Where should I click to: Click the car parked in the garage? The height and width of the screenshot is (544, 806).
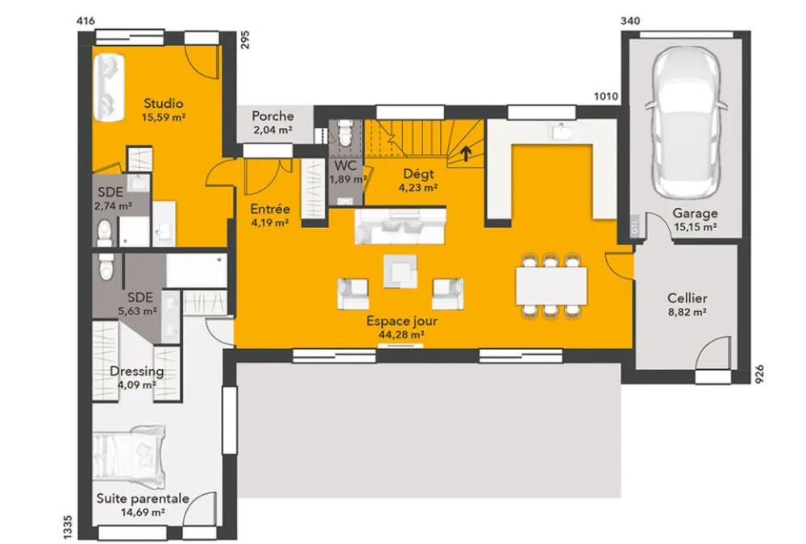[x=686, y=122]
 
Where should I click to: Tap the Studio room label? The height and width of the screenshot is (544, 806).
[x=163, y=103]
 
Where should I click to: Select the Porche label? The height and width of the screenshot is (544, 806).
[x=272, y=116]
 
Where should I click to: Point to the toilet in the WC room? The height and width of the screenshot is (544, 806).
[x=344, y=133]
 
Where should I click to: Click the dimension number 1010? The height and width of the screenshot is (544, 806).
[x=606, y=96]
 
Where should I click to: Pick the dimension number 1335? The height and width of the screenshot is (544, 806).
[x=68, y=527]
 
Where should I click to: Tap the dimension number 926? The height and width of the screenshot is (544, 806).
[x=759, y=374]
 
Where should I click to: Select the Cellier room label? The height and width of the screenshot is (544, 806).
[x=687, y=298]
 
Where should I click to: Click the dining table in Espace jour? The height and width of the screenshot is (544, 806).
[x=551, y=286]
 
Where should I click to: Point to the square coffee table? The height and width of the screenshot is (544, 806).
[x=400, y=271]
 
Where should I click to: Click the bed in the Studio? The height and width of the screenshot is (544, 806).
[x=109, y=87]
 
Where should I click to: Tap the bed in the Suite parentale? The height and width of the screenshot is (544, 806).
[x=129, y=457]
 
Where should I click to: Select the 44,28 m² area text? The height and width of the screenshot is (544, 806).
[x=401, y=334]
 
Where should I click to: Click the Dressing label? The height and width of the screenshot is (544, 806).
[x=137, y=372]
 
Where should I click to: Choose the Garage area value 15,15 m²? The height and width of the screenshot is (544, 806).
[x=695, y=226]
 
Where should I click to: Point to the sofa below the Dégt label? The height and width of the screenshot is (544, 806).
[x=400, y=226]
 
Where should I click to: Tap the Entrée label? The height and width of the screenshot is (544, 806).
[x=270, y=209]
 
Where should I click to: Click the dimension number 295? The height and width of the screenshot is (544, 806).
[x=245, y=39]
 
